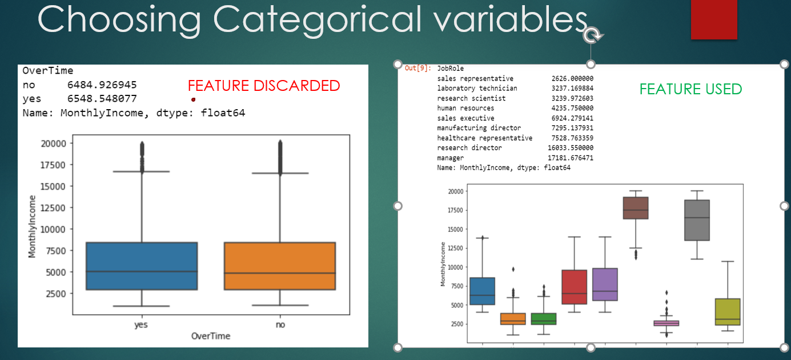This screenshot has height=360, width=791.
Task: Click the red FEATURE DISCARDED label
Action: point(264,86)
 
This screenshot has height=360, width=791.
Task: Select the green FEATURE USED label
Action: point(690,89)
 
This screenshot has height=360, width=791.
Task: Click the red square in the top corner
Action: point(714,19)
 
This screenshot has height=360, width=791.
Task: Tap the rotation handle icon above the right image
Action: point(592,36)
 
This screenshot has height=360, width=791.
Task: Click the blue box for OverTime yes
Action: point(141,266)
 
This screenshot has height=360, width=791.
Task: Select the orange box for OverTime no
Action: point(280,266)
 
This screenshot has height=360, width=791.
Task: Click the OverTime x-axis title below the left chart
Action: point(211,336)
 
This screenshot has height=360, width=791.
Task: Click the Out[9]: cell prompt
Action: point(418,69)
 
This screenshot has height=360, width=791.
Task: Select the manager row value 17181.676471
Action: point(571,158)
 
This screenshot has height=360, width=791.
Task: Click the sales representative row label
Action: point(475,78)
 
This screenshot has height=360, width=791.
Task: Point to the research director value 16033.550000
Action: point(571,148)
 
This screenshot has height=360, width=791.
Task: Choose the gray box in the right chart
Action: point(697,220)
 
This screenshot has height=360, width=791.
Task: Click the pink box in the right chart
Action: point(666,323)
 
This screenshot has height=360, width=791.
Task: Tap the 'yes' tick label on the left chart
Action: point(141,324)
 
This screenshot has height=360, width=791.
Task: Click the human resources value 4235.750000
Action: point(572,108)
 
